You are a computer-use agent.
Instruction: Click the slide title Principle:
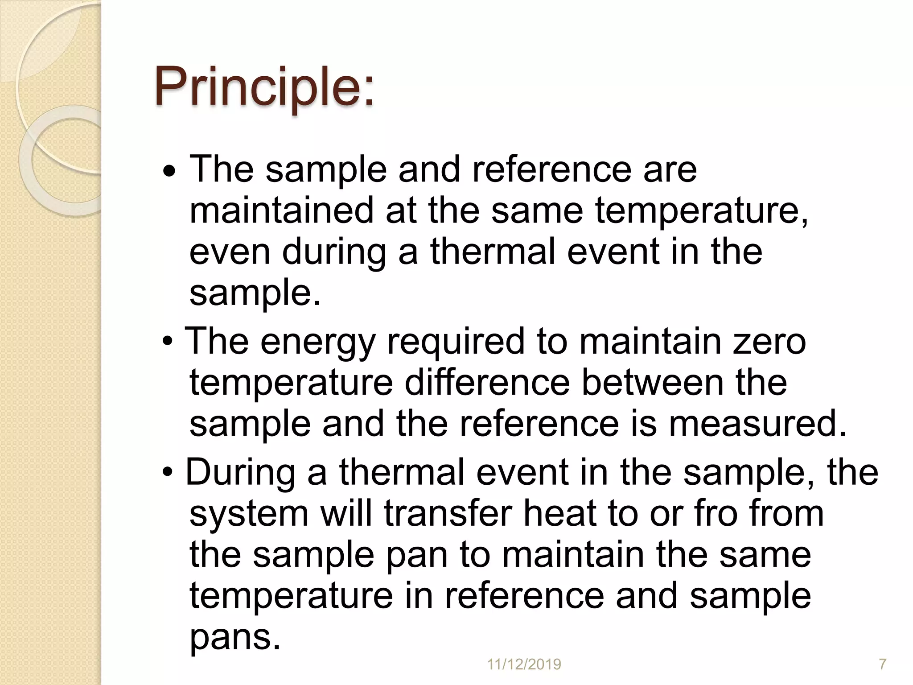tap(264, 87)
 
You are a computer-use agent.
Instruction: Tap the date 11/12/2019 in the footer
tap(524, 664)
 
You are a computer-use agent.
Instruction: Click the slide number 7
tap(882, 664)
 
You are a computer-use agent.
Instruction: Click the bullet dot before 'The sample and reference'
tap(169, 172)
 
